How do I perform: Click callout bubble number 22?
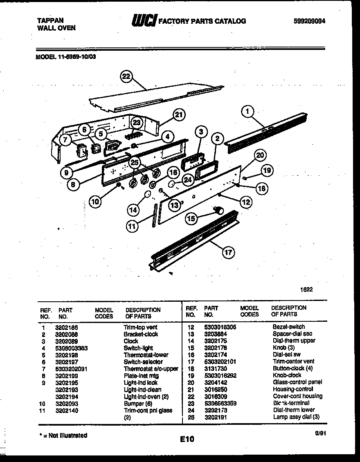(127, 76)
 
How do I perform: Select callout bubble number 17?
(228, 252)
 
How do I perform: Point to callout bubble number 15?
(191, 218)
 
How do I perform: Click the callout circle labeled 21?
(178, 115)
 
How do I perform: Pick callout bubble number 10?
(95, 201)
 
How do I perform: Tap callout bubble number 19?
(267, 170)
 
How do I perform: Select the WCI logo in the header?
(143, 21)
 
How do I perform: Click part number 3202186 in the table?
(66, 327)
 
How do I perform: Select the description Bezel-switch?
(288, 327)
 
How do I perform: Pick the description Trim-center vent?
(294, 361)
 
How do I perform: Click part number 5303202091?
(71, 368)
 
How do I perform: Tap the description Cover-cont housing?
(297, 396)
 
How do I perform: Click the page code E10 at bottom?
(187, 439)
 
